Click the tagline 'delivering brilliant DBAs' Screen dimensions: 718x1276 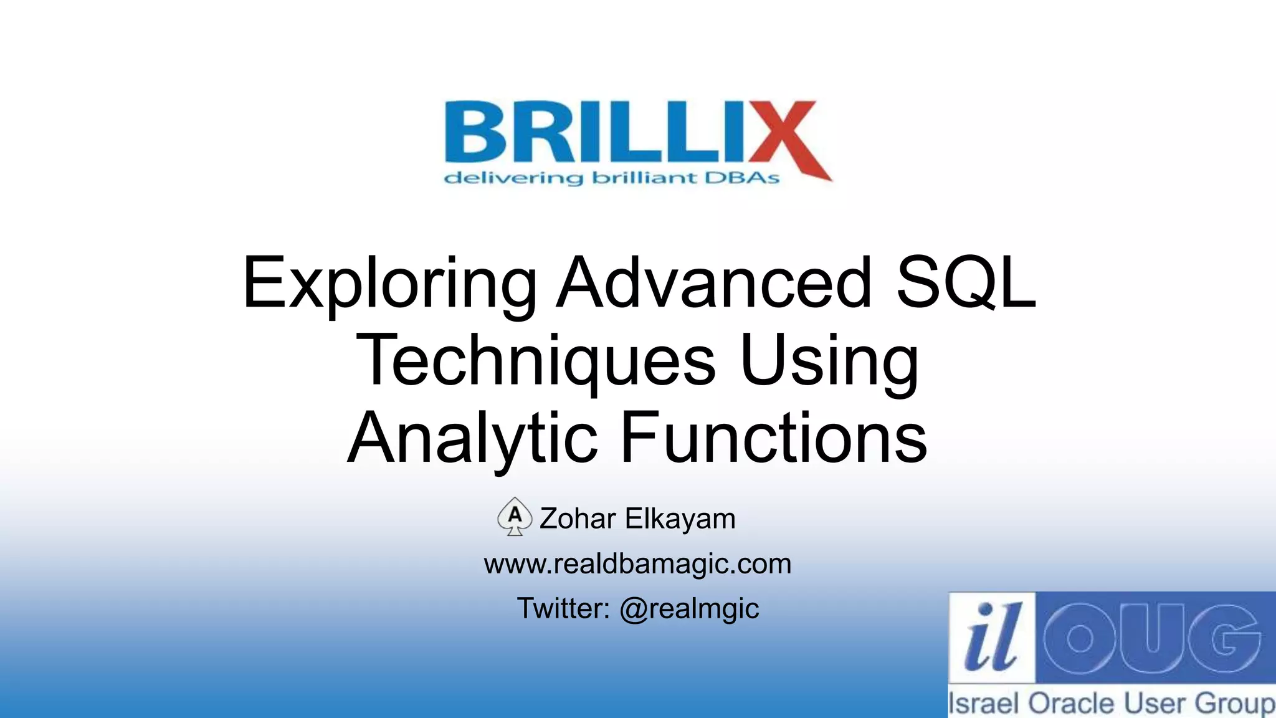point(611,178)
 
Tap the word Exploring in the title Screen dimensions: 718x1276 point(389,284)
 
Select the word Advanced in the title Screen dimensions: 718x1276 point(714,283)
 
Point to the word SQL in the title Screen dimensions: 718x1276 point(965,283)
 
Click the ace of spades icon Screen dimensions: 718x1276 point(515,517)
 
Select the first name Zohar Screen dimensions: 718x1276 point(578,519)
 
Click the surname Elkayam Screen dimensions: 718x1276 point(680,519)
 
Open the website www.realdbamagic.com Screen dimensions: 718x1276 point(637,564)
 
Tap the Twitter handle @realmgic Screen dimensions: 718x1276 point(689,609)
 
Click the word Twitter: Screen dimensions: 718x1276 point(563,609)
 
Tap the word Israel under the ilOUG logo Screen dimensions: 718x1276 point(984,704)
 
